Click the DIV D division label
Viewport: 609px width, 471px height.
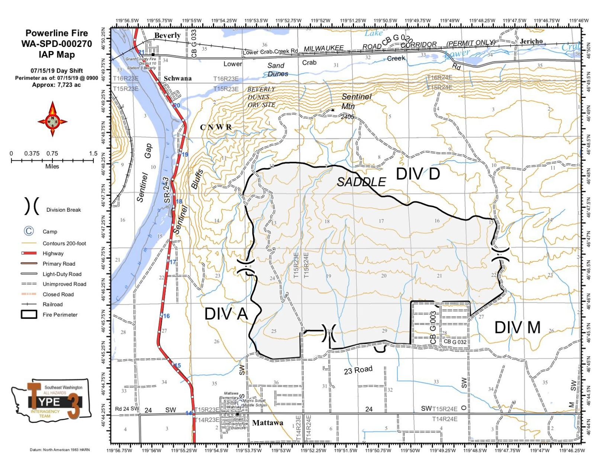click(x=418, y=174)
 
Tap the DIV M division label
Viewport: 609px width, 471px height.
click(x=517, y=327)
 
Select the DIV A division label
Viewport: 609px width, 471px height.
click(x=226, y=314)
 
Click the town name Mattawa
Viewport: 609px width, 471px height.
click(x=267, y=423)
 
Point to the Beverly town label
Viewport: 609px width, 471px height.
click(x=167, y=35)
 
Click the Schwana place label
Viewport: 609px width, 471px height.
click(x=177, y=78)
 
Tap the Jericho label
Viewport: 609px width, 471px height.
click(x=531, y=41)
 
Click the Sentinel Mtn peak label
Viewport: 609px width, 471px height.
click(x=356, y=101)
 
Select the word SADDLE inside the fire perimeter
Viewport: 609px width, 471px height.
click(x=361, y=182)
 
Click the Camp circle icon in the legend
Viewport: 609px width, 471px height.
click(x=29, y=231)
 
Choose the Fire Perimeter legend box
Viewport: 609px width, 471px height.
click(x=29, y=314)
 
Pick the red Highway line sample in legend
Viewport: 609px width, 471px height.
click(x=29, y=253)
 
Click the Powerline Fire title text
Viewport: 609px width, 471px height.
click(x=57, y=33)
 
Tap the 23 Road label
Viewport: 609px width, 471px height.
click(x=358, y=370)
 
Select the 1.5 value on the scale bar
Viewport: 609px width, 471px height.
click(x=93, y=153)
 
